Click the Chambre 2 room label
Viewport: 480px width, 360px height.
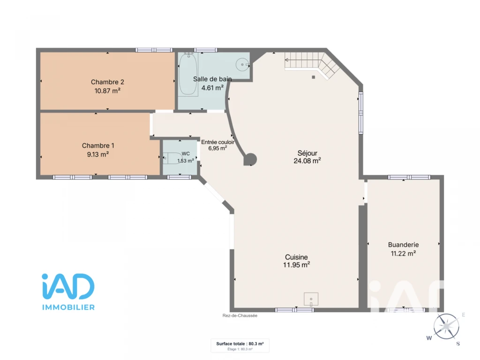pyautogui.click(x=107, y=82)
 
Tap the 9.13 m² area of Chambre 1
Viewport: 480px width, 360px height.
pyautogui.click(x=98, y=154)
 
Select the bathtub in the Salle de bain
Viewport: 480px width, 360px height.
pyautogui.click(x=188, y=74)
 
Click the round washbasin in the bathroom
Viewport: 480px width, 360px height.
pyautogui.click(x=242, y=65)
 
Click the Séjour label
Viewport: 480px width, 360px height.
pyautogui.click(x=307, y=153)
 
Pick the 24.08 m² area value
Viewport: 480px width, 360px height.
pyautogui.click(x=307, y=161)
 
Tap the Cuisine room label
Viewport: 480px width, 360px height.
pyautogui.click(x=296, y=257)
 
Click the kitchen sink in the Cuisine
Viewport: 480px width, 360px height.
pyautogui.click(x=311, y=299)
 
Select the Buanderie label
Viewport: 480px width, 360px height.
pyautogui.click(x=403, y=245)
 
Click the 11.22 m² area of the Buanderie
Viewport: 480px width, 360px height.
pyautogui.click(x=403, y=254)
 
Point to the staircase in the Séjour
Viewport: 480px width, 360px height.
pyautogui.click(x=312, y=65)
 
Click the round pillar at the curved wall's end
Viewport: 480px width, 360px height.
pyautogui.click(x=250, y=159)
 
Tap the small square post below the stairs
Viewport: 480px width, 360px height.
pyautogui.click(x=314, y=77)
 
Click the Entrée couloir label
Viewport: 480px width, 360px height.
pyautogui.click(x=217, y=142)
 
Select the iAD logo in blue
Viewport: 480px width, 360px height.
pyautogui.click(x=68, y=286)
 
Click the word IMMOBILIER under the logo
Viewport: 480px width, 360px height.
pyautogui.click(x=68, y=307)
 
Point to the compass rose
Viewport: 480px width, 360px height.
pyautogui.click(x=446, y=327)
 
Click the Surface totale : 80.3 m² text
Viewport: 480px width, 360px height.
pyautogui.click(x=240, y=344)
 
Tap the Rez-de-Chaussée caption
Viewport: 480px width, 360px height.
pyautogui.click(x=240, y=315)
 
